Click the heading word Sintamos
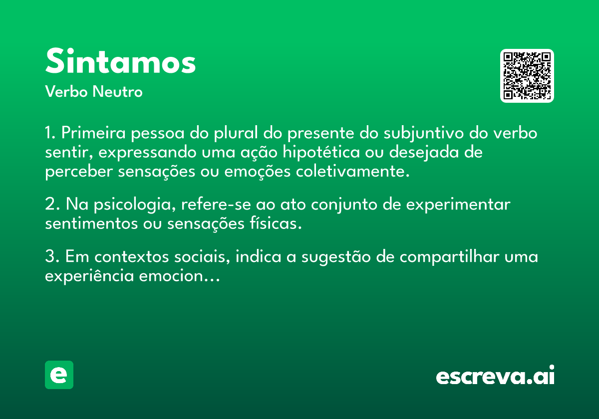click(120, 61)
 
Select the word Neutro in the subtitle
click(117, 91)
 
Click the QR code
click(527, 76)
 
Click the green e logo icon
click(59, 375)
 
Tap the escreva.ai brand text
click(495, 375)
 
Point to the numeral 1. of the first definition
click(50, 133)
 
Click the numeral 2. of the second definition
click(52, 204)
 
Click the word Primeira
click(93, 133)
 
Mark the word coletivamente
click(352, 171)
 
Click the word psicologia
click(134, 205)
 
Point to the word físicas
click(276, 223)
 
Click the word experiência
click(89, 276)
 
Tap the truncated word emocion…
click(179, 276)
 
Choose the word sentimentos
click(91, 223)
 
